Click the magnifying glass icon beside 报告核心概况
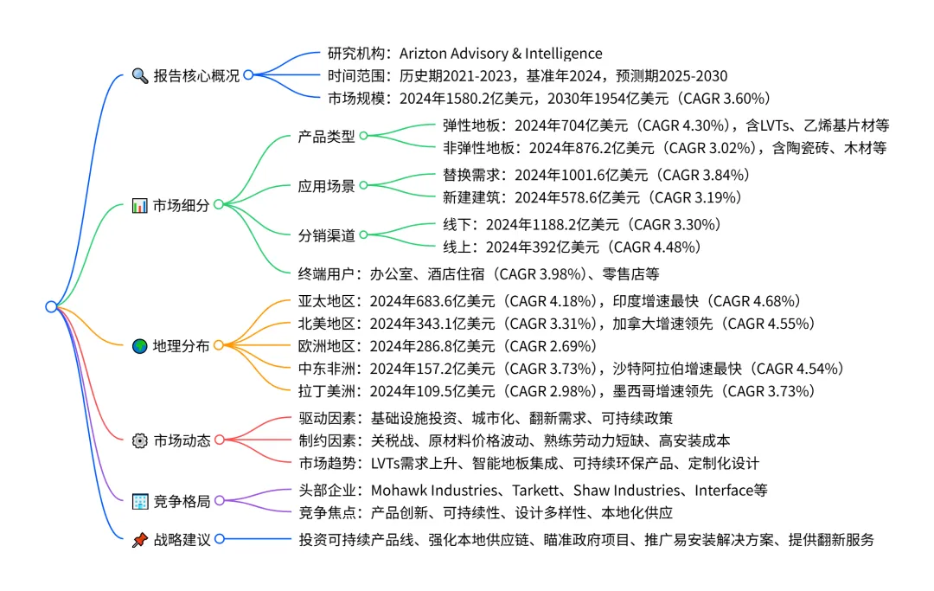(x=140, y=75)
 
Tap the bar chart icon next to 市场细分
(x=140, y=205)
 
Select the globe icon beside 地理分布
(x=140, y=345)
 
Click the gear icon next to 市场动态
(x=140, y=440)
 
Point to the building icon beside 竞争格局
(x=140, y=501)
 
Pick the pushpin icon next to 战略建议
(x=140, y=539)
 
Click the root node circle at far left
(x=51, y=306)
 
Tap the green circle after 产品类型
(x=363, y=136)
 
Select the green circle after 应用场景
(x=363, y=185)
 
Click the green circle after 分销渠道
(x=363, y=234)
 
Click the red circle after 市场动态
(x=219, y=440)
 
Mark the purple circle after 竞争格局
(x=219, y=501)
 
